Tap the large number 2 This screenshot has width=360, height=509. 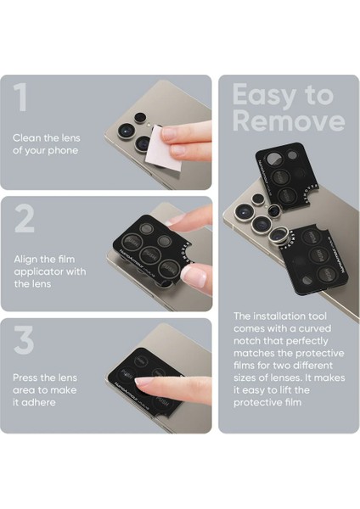[x=25, y=219]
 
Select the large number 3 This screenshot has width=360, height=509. [x=25, y=339]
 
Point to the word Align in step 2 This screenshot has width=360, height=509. [x=26, y=258]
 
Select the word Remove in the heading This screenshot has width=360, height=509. [x=289, y=120]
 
